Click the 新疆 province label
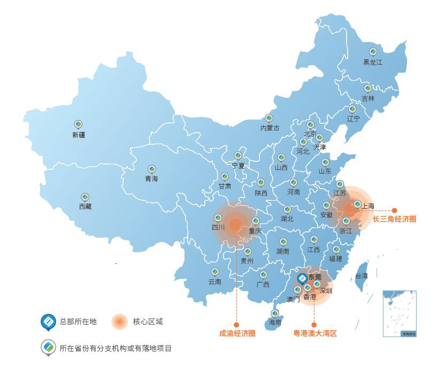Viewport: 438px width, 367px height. [x=79, y=135]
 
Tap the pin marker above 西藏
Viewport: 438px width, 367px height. [x=85, y=197]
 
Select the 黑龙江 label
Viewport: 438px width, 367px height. [x=373, y=63]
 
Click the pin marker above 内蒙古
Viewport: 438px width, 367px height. [x=269, y=118]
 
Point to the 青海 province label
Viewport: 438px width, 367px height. [x=151, y=179]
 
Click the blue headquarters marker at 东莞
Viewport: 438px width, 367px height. [x=302, y=278]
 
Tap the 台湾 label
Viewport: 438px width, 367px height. [x=362, y=276]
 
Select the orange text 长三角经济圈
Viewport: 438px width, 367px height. [x=394, y=219]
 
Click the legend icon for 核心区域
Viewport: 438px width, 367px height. [x=119, y=322]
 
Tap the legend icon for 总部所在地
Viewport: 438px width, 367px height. [x=49, y=322]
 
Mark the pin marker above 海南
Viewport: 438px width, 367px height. [x=274, y=314]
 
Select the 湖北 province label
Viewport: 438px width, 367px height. [x=287, y=219]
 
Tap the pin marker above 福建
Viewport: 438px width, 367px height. [x=336, y=249]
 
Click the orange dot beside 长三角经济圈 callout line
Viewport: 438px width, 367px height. [x=395, y=210]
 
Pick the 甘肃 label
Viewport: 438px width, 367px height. [x=225, y=186]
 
